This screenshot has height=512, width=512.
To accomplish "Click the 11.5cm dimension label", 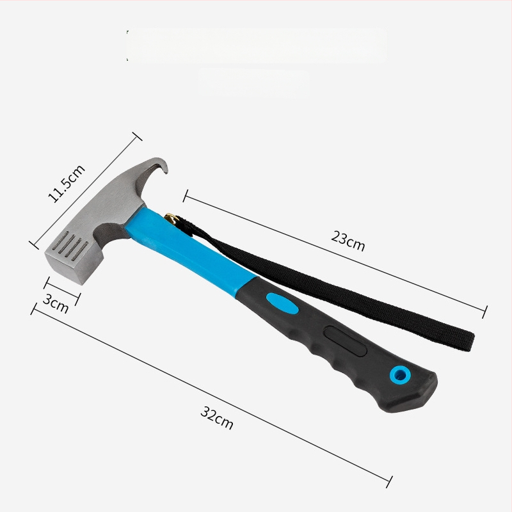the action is (67, 183).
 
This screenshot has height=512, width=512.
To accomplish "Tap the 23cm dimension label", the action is (348, 241).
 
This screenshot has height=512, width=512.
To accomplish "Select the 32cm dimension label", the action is (217, 418).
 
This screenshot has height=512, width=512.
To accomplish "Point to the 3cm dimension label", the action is (56, 303).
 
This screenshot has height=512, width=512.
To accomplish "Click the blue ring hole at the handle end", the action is (400, 376).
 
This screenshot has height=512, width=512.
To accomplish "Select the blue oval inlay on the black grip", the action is (282, 303).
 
